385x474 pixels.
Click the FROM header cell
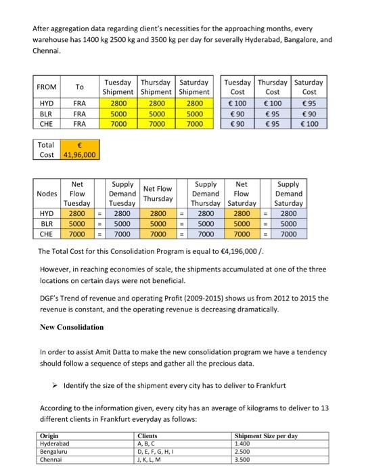(x=47, y=87)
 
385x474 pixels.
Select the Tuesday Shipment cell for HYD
(x=117, y=103)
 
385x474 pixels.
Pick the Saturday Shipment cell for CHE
(x=194, y=125)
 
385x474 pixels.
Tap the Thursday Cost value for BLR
(x=273, y=114)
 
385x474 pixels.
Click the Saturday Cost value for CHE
(x=309, y=125)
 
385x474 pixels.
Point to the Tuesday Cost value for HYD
(x=237, y=103)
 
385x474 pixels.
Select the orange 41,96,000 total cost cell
(x=80, y=155)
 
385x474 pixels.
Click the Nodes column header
(x=47, y=194)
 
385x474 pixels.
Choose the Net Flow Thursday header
(x=158, y=194)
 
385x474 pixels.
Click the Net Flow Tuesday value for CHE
(x=77, y=234)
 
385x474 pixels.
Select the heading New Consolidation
(x=72, y=327)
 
